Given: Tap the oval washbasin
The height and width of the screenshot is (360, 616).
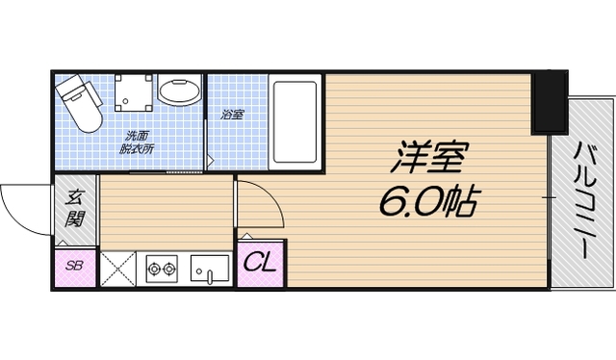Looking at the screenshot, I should click(178, 94).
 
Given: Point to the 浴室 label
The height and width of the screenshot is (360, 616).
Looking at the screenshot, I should click(232, 114).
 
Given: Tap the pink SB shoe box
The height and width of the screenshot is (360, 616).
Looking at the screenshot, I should click(74, 267).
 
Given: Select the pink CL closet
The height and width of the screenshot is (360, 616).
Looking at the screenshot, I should click(260, 262).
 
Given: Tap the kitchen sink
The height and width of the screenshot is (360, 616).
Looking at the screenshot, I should click(208, 267).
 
